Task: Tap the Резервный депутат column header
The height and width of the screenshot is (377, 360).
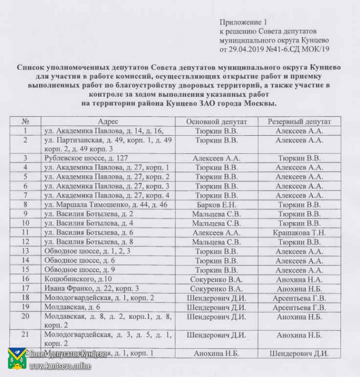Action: [299, 121]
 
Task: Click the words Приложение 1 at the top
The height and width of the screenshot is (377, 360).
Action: [244, 23]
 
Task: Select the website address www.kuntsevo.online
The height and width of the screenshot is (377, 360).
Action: [61, 366]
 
